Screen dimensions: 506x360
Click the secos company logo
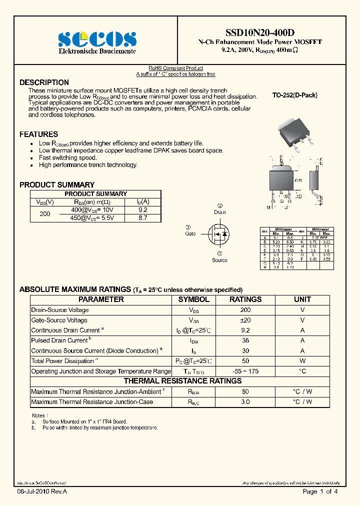coord(97,38)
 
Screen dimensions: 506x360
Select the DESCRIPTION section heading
coord(44,82)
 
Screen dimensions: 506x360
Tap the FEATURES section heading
coord(38,134)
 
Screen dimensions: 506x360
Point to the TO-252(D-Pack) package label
coord(294,95)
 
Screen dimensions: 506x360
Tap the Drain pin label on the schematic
coord(220,212)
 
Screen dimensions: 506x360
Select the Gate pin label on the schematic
coord(190,233)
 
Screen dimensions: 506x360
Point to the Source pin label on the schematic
coord(219,260)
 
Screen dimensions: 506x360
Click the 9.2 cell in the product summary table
coord(142,210)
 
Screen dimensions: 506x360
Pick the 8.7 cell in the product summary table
coord(142,218)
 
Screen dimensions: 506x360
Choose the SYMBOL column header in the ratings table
coord(194,299)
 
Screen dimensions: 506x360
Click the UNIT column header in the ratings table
coord(302,299)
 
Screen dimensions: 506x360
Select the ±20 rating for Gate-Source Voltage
coord(245,320)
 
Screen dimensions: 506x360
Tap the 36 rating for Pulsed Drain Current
coord(245,340)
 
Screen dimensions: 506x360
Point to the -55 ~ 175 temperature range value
coord(245,371)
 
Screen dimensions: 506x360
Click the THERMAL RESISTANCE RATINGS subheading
coord(182,381)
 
